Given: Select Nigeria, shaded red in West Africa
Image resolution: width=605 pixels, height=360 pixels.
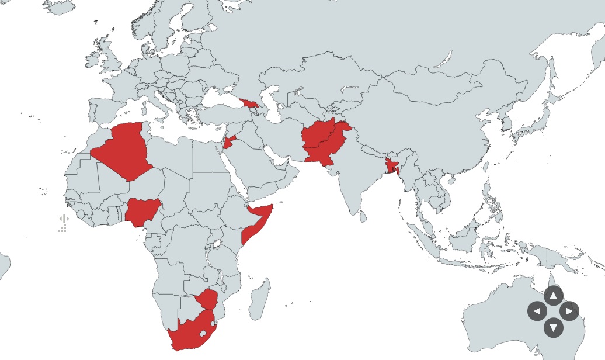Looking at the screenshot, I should (141, 211).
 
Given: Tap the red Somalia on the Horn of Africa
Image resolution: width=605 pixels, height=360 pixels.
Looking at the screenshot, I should (257, 223).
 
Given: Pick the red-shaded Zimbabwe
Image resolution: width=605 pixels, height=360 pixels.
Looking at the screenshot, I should (207, 299).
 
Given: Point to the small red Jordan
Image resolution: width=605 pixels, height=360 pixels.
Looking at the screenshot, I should (228, 142).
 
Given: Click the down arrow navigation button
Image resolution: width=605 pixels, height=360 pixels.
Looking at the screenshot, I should (553, 327).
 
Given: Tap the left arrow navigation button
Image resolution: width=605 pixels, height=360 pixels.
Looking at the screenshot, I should (537, 311).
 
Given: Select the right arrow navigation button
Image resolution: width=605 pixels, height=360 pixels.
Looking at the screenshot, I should (569, 311).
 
